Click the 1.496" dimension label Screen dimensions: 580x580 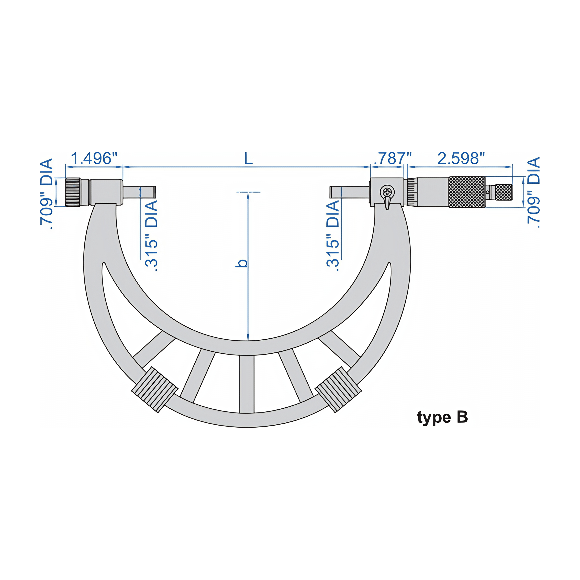(x=94, y=159)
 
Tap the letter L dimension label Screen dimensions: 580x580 (x=248, y=159)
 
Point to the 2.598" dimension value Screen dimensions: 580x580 (x=461, y=159)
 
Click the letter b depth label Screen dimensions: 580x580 (x=242, y=263)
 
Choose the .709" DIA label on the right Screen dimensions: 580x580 (x=534, y=192)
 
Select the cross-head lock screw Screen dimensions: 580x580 (x=387, y=191)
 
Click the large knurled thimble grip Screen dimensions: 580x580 (x=467, y=192)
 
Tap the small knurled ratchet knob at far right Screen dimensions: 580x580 (x=504, y=192)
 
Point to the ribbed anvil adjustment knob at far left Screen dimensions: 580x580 (x=73, y=192)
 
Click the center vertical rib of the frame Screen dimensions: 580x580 (x=247, y=384)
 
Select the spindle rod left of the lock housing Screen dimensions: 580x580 (x=350, y=192)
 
